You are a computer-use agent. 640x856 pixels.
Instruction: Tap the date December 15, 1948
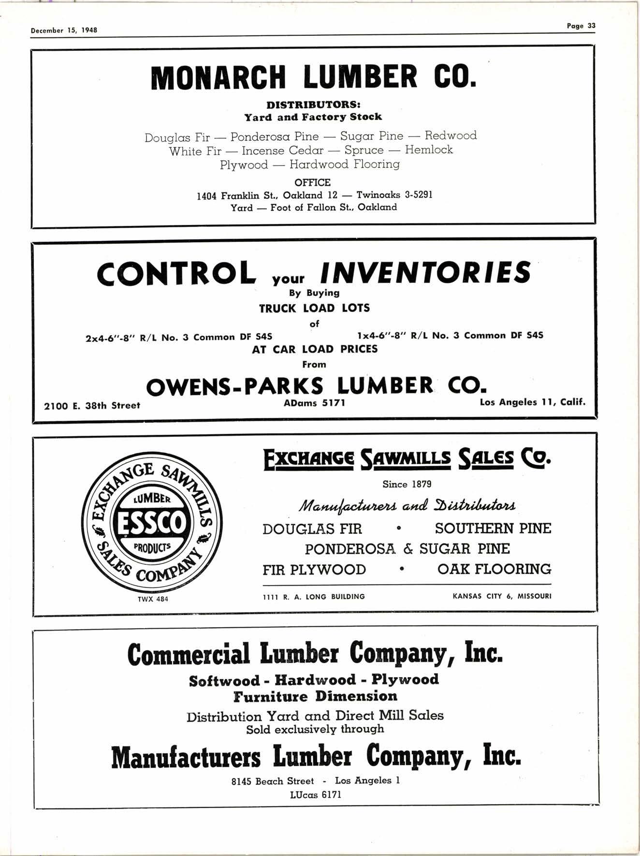[x=64, y=30]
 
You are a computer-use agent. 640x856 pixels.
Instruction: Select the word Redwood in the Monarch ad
[x=451, y=135]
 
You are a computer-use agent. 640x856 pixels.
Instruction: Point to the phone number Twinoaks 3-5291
[x=394, y=195]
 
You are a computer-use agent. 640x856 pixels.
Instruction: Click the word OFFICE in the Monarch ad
[x=313, y=183]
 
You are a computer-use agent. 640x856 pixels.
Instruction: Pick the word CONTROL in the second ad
[x=177, y=273]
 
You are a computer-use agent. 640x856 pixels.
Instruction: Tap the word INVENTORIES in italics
[x=425, y=273]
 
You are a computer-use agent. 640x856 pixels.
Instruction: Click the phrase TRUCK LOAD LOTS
[x=314, y=308]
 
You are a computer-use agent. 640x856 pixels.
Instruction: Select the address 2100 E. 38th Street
[x=92, y=406]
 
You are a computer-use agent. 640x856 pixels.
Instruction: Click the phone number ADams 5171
[x=315, y=402]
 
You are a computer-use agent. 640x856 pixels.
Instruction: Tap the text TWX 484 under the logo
[x=153, y=599]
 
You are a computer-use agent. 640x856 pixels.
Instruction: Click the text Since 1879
[x=407, y=484]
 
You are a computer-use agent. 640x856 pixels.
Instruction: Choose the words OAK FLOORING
[x=494, y=569]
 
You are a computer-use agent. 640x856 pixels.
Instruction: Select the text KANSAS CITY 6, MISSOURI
[x=502, y=596]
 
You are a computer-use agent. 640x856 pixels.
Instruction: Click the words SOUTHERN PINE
[x=493, y=529]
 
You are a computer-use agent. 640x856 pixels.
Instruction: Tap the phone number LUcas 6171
[x=316, y=795]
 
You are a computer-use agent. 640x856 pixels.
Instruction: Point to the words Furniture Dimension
[x=315, y=696]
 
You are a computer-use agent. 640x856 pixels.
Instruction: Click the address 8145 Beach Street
[x=273, y=781]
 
